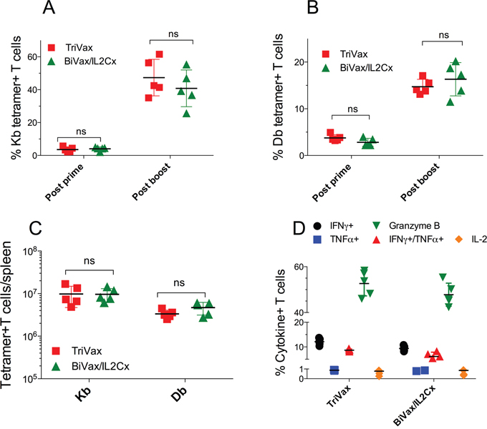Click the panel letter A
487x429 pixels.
[49, 9]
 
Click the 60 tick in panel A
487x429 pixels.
[32, 56]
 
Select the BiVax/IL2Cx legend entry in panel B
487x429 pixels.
[363, 68]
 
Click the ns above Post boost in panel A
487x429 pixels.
[172, 33]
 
